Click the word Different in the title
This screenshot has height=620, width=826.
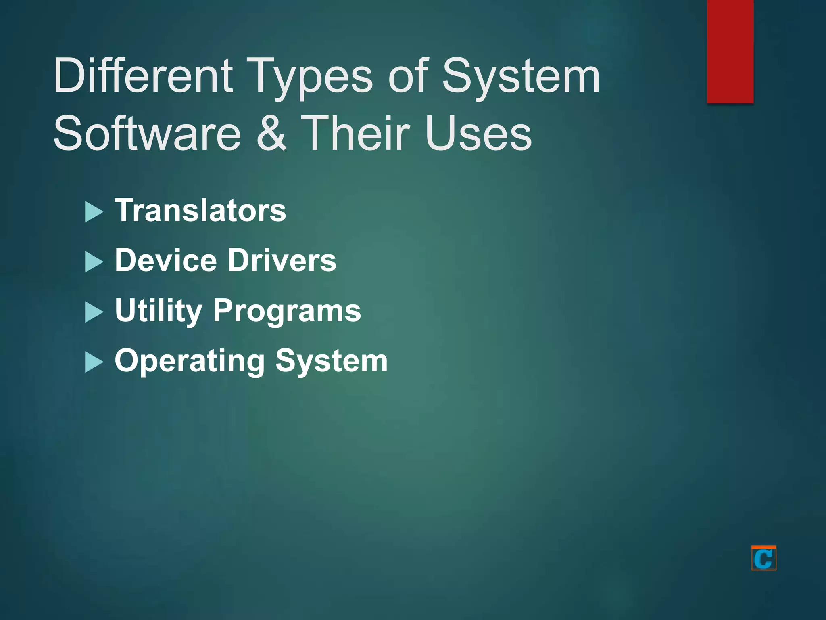point(143,75)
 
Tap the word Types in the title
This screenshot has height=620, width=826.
point(310,77)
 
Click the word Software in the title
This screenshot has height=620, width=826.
point(147,133)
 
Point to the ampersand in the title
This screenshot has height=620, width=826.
point(271,133)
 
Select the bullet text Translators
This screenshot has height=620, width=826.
point(200,210)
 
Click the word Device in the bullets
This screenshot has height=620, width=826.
point(166,260)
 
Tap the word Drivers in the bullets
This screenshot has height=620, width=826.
point(282,260)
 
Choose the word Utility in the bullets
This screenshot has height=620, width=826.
point(159,311)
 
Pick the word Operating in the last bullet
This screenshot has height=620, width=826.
point(190,361)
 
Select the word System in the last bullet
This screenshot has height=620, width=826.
point(332,361)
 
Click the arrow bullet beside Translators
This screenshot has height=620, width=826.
point(94,212)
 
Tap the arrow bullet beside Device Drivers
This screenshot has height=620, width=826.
point(94,262)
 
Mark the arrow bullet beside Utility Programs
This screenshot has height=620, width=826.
point(94,312)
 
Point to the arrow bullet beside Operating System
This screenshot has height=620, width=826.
point(94,362)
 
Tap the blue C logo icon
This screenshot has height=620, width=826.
point(763,558)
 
